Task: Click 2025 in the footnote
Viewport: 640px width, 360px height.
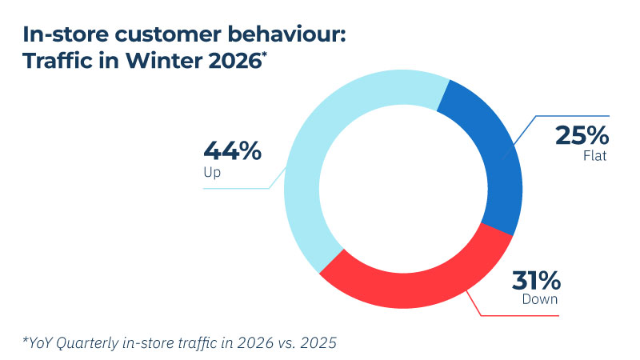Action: coord(322,343)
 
